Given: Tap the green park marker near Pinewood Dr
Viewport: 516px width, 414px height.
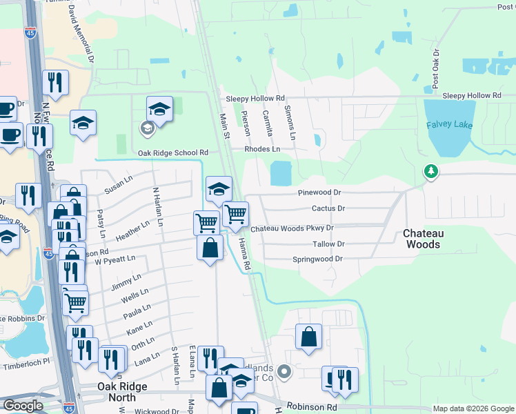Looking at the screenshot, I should click(431, 170).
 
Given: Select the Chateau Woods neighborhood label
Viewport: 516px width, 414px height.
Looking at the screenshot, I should click(421, 239).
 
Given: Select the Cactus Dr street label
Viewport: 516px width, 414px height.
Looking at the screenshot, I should click(328, 208).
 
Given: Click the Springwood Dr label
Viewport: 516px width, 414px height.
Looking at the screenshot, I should click(317, 259).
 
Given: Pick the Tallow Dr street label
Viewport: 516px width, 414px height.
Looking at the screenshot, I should click(328, 244).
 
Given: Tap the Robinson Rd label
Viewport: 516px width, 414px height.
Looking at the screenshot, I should click(312, 407).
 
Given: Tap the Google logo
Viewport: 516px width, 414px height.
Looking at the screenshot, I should click(23, 406).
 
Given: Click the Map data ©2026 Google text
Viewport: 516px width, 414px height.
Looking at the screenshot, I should click(473, 408).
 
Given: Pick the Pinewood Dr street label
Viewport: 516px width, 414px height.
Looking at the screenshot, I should click(319, 193).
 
